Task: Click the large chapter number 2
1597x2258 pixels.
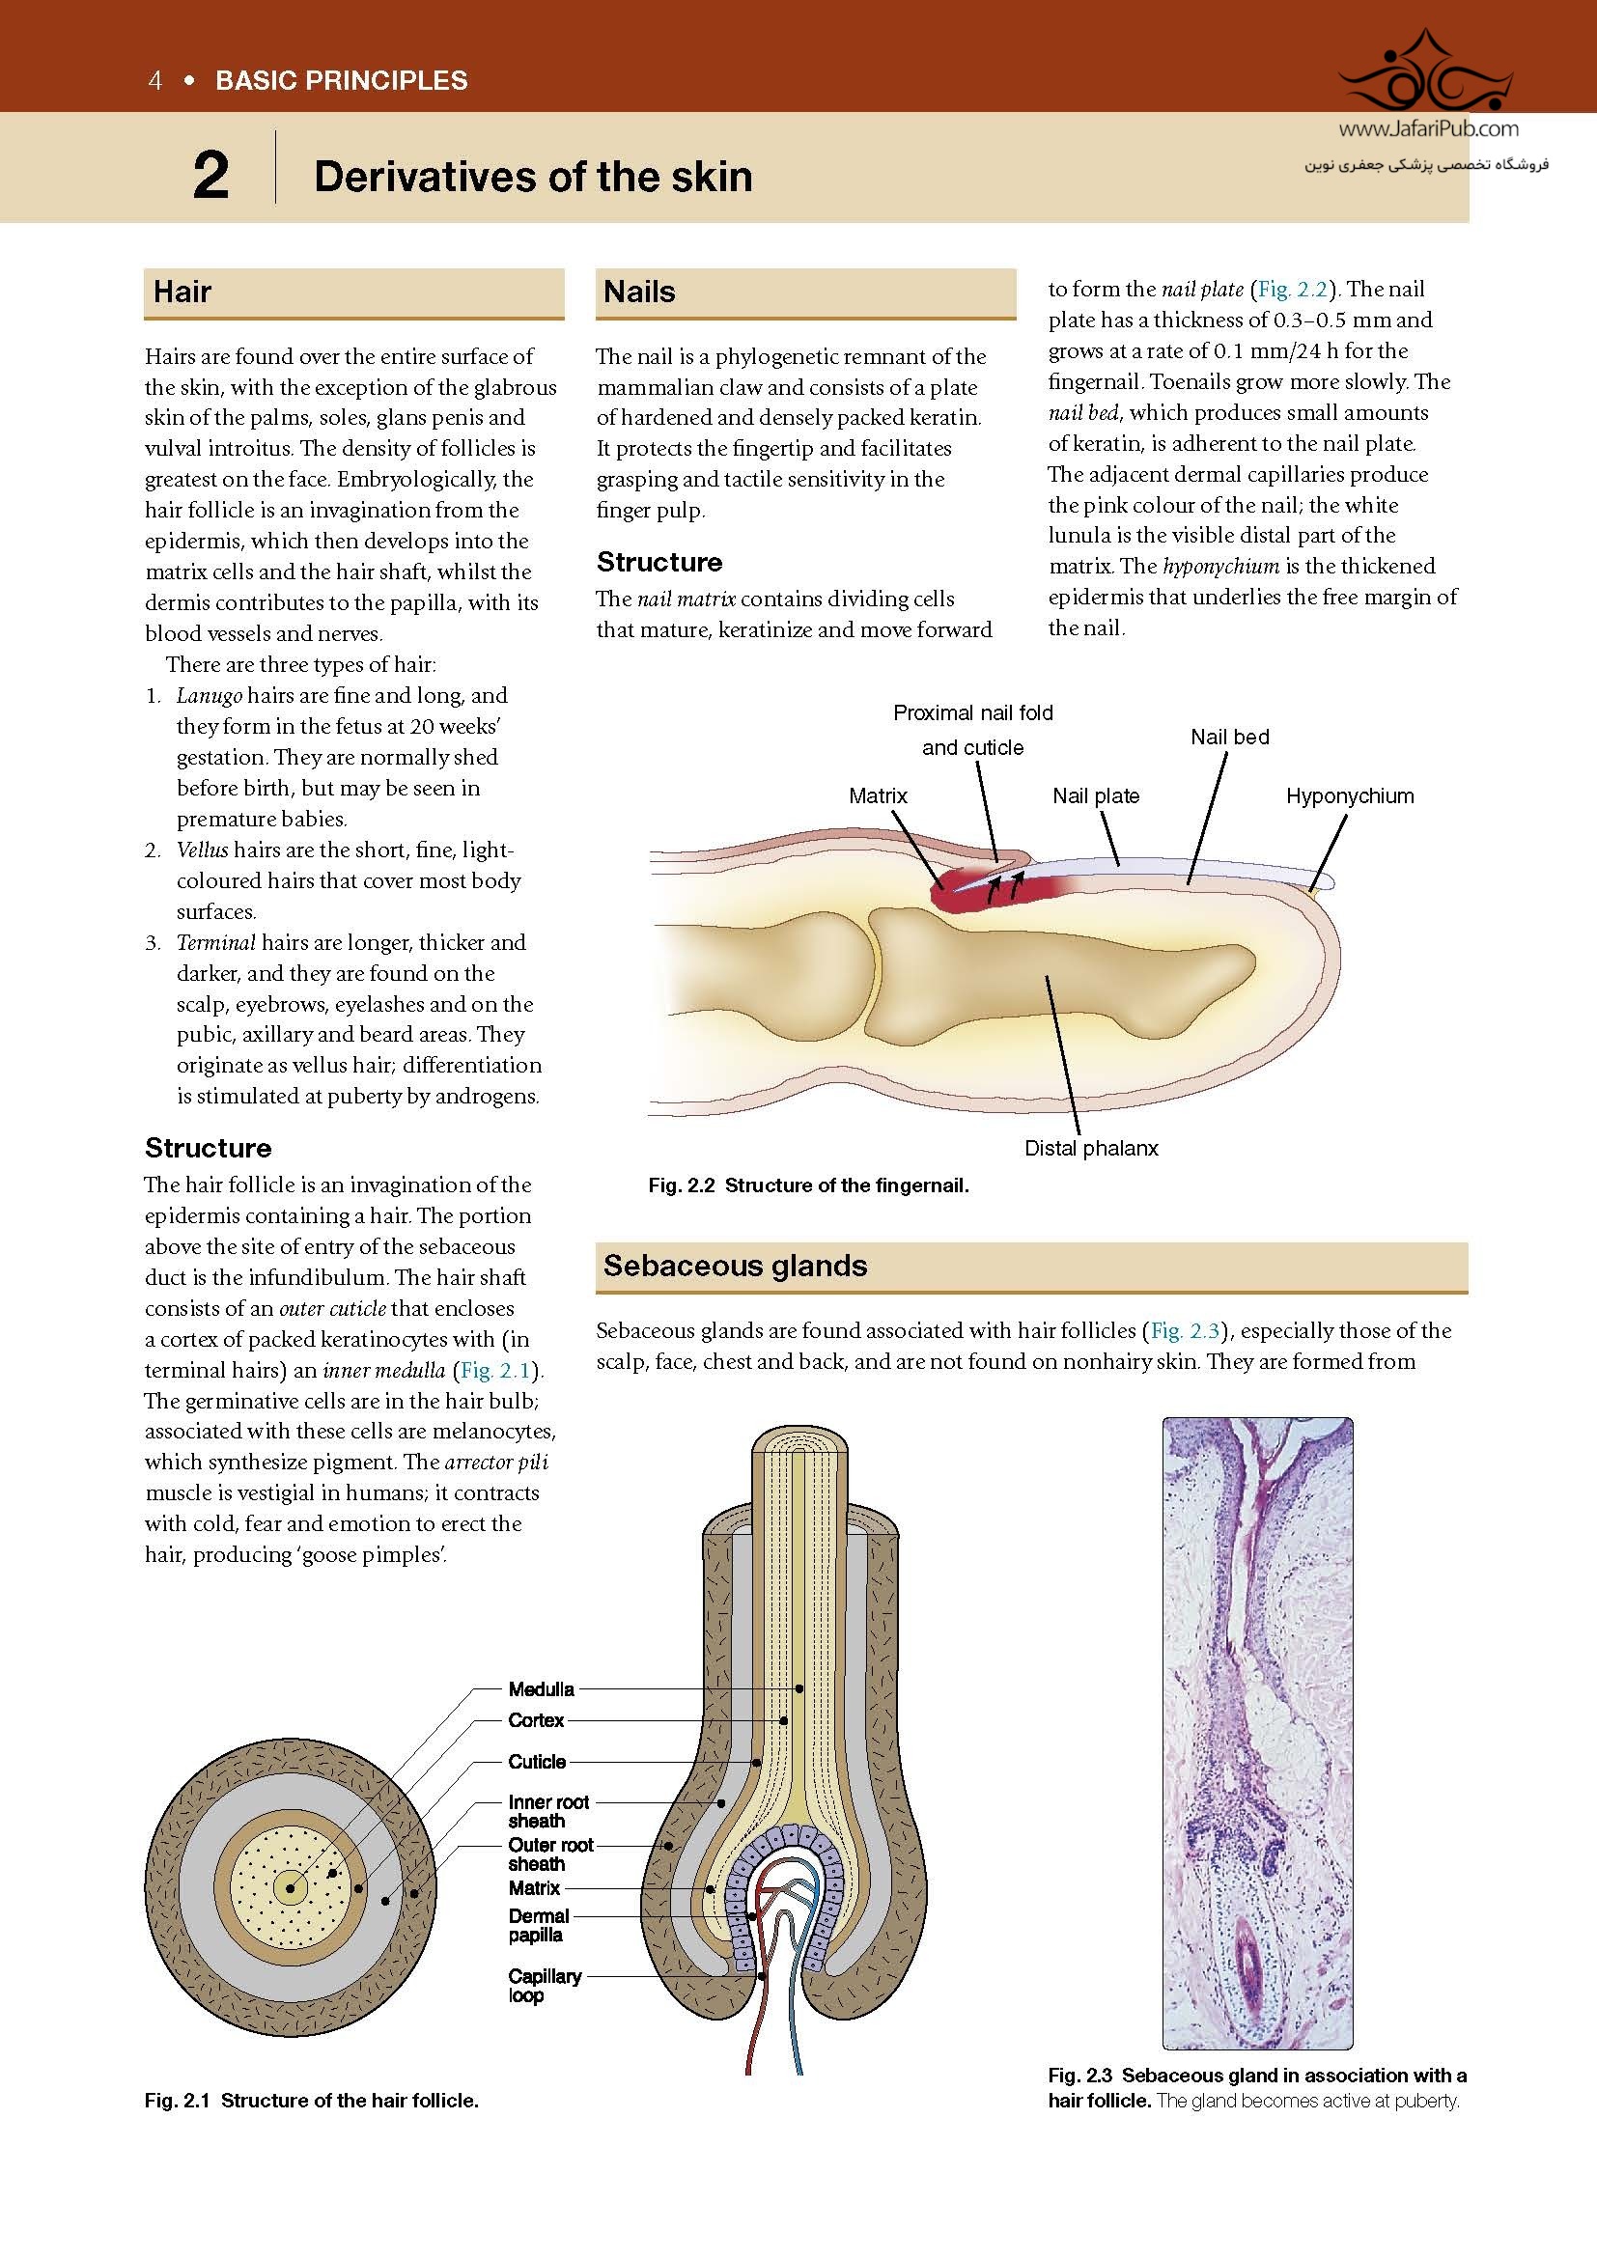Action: [x=210, y=176]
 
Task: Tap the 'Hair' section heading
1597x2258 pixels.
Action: [x=182, y=293]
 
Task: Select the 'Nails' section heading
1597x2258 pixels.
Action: [x=639, y=293]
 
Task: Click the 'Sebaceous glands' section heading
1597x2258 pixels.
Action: [x=735, y=1266]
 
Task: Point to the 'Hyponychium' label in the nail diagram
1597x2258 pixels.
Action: [x=1349, y=796]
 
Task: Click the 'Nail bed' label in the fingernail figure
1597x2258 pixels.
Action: [x=1229, y=738]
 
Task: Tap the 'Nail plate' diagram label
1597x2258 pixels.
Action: [x=1096, y=796]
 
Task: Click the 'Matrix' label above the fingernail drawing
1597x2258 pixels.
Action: [x=877, y=796]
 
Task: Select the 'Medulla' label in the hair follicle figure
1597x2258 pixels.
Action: [x=541, y=1689]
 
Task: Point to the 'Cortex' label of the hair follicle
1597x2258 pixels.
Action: [x=536, y=1721]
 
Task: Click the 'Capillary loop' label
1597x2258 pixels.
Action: [x=544, y=1986]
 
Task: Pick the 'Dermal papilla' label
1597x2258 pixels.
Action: [x=538, y=1926]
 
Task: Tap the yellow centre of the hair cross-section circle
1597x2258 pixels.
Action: [x=290, y=1887]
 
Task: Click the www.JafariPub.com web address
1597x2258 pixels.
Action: [x=1428, y=128]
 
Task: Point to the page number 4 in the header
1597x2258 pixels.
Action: [x=154, y=81]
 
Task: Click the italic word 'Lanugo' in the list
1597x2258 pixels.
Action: [x=209, y=696]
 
